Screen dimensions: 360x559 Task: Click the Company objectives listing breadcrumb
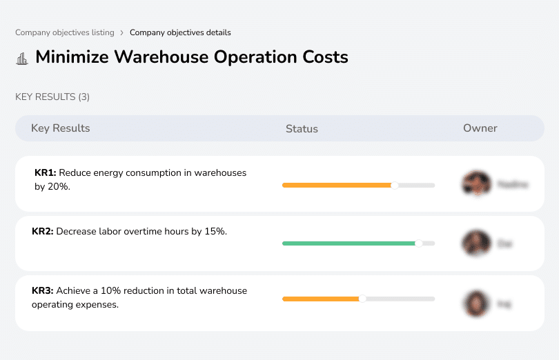click(64, 32)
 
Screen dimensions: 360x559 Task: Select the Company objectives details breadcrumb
click(180, 32)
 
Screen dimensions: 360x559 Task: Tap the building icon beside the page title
click(22, 58)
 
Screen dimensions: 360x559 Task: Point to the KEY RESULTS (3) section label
click(52, 97)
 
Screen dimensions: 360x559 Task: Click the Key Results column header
click(60, 128)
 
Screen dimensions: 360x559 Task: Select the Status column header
click(302, 129)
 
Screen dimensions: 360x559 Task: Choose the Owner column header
click(480, 128)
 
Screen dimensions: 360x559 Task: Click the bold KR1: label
click(45, 173)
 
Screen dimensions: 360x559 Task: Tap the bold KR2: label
click(43, 232)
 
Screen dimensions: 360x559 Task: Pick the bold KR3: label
click(43, 291)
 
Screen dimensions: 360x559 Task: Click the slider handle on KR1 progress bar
click(394, 186)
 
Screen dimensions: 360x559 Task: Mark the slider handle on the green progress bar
click(418, 243)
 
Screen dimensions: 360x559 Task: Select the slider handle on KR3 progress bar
click(362, 299)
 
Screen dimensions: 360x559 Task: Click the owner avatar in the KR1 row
click(475, 184)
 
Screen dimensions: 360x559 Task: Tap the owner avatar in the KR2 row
click(475, 243)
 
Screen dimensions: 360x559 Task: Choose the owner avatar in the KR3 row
click(475, 303)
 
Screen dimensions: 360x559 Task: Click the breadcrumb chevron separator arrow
click(122, 32)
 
